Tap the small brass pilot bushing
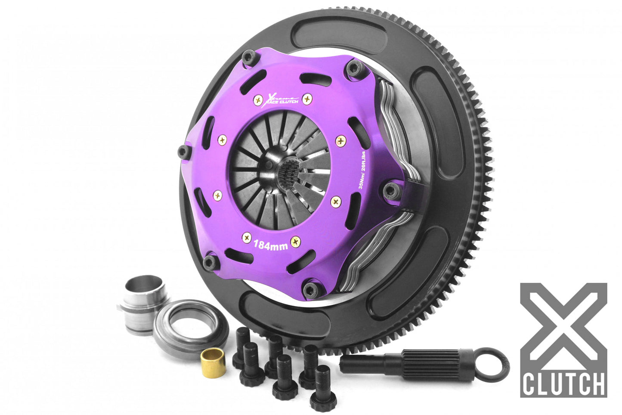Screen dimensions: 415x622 coord(211,364)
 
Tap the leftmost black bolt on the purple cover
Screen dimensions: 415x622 coord(183,151)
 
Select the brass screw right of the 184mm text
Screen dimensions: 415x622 coord(295,242)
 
